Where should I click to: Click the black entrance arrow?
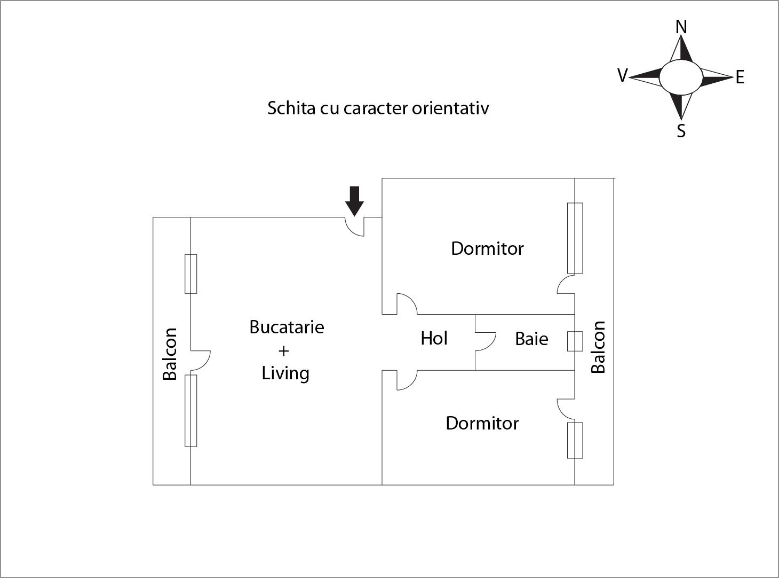click(x=354, y=200)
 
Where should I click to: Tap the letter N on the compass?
click(x=681, y=27)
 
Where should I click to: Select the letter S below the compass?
click(x=681, y=130)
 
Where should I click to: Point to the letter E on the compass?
click(x=740, y=78)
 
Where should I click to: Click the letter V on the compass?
click(x=622, y=75)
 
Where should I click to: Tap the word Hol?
click(x=434, y=338)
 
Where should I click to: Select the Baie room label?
click(x=531, y=339)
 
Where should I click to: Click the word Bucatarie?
click(x=287, y=327)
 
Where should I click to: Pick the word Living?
click(x=285, y=373)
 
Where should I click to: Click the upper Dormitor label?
click(x=487, y=248)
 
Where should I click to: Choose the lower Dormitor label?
click(x=482, y=423)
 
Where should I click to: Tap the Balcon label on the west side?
click(x=170, y=354)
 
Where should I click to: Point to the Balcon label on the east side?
click(x=598, y=347)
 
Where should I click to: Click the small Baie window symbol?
click(x=575, y=341)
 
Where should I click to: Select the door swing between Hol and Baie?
click(x=484, y=342)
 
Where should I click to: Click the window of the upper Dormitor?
click(x=575, y=238)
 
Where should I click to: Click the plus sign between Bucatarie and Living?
click(x=283, y=350)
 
